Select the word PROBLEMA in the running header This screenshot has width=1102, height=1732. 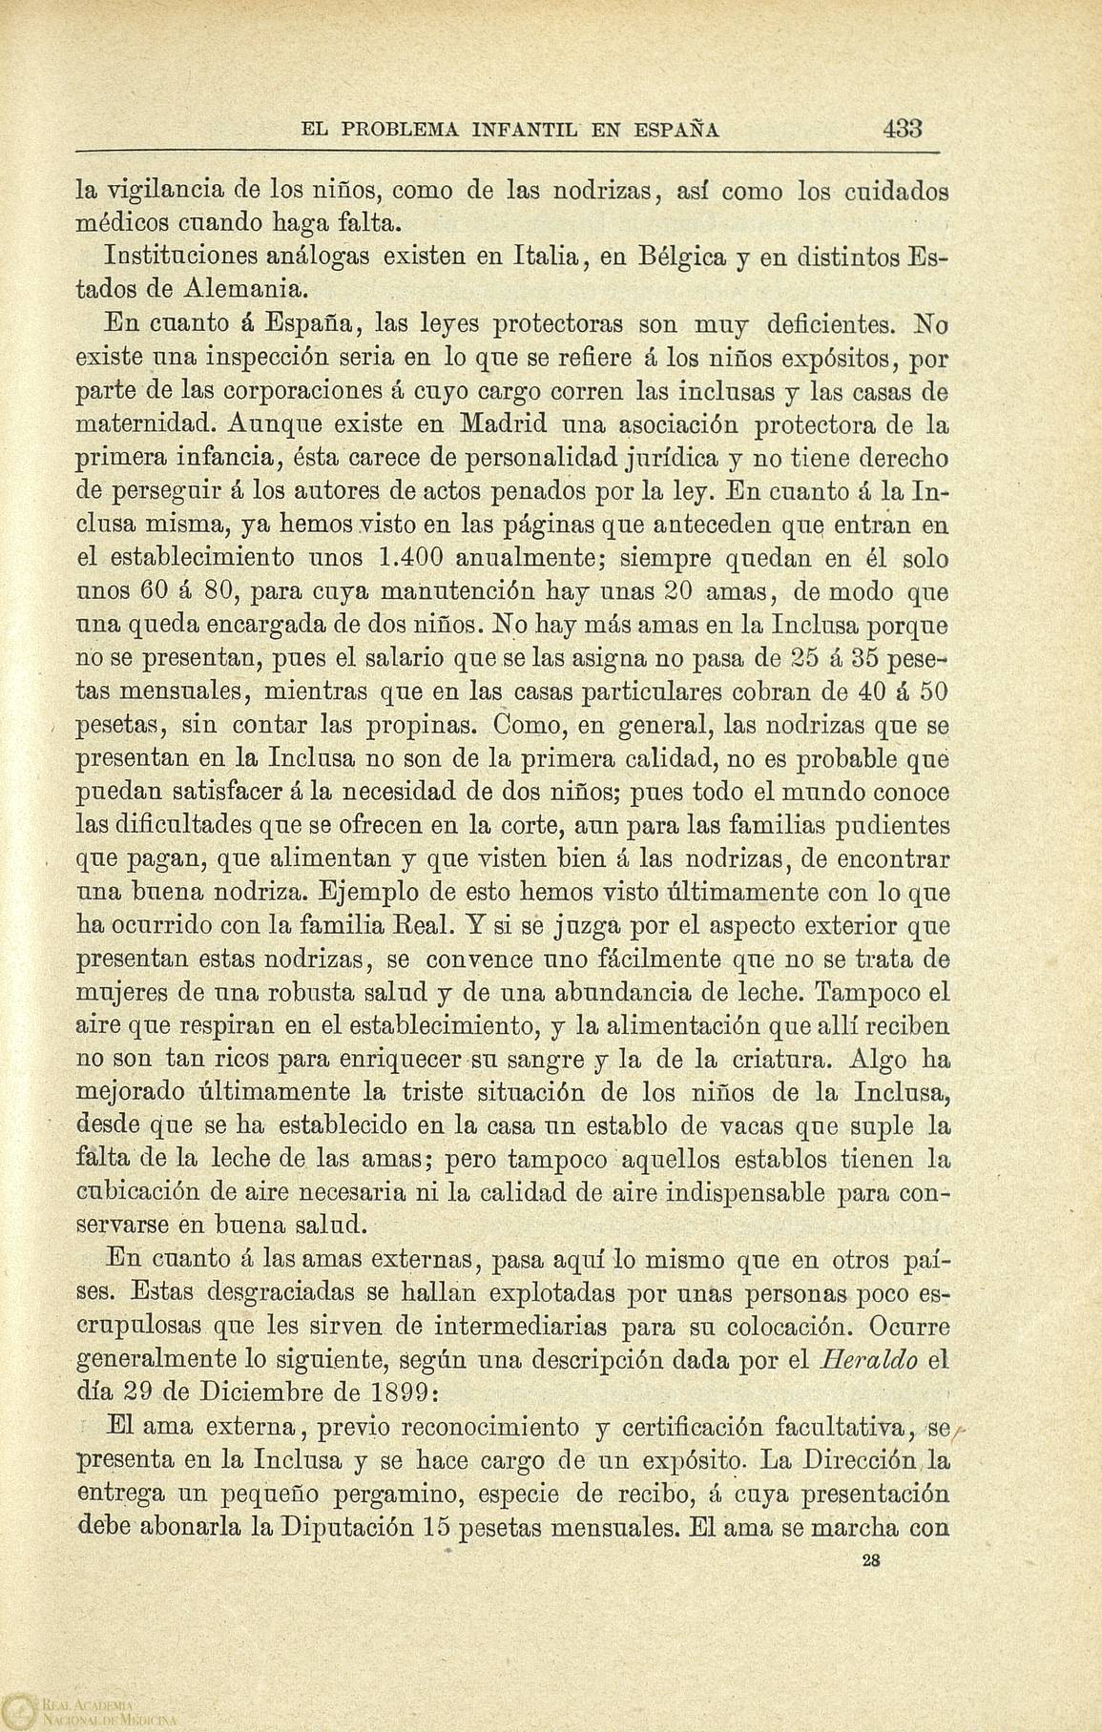tap(399, 130)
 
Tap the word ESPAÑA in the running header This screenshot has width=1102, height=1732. tap(673, 130)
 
